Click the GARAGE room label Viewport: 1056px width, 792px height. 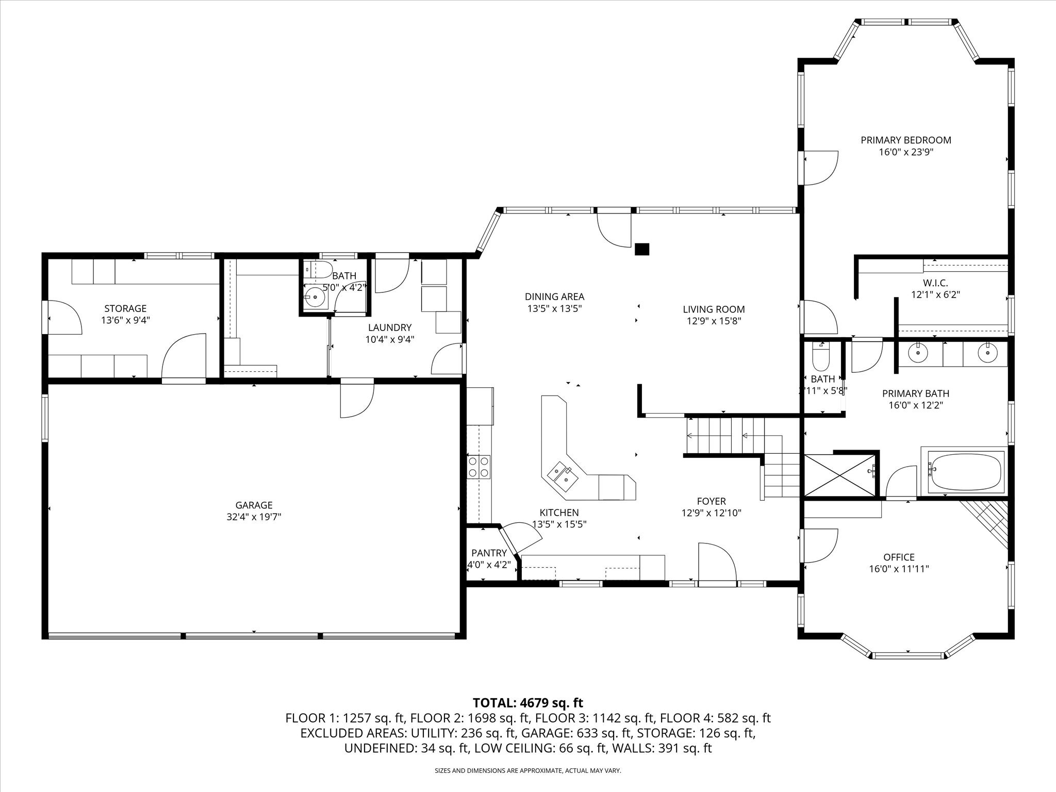click(x=254, y=505)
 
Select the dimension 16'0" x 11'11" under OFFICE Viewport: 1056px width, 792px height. click(x=899, y=569)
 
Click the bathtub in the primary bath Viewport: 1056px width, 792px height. click(x=965, y=472)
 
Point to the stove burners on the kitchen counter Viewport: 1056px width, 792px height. click(x=478, y=467)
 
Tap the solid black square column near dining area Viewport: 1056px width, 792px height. click(x=642, y=250)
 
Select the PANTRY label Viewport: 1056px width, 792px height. click(x=489, y=553)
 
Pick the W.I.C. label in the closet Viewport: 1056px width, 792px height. click(x=935, y=283)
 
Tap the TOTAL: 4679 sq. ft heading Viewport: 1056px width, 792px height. click(x=527, y=703)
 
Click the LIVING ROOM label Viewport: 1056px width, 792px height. click(x=714, y=309)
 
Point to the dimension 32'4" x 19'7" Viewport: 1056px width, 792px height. click(x=254, y=517)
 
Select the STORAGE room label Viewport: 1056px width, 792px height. click(x=125, y=308)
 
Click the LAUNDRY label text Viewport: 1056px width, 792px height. click(x=389, y=327)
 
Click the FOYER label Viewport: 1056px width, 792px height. click(x=711, y=501)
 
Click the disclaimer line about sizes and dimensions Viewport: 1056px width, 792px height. click(x=527, y=770)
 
